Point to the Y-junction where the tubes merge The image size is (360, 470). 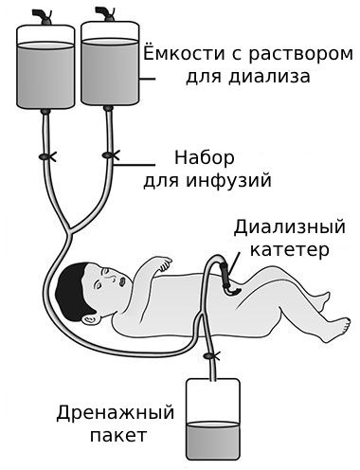[x=67, y=227]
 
